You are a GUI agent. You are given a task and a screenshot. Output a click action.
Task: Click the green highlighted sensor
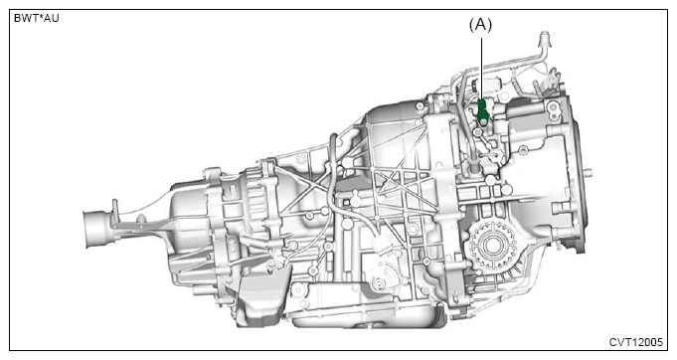(483, 113)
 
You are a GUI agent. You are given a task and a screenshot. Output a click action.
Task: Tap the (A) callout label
(480, 25)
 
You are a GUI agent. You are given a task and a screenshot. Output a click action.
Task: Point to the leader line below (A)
(482, 69)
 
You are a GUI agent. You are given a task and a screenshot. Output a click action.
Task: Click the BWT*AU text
(36, 18)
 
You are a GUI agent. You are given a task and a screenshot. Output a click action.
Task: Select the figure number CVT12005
(635, 342)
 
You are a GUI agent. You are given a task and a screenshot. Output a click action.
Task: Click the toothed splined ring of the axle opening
(492, 246)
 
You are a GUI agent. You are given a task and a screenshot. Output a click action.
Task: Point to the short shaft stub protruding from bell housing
(589, 174)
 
